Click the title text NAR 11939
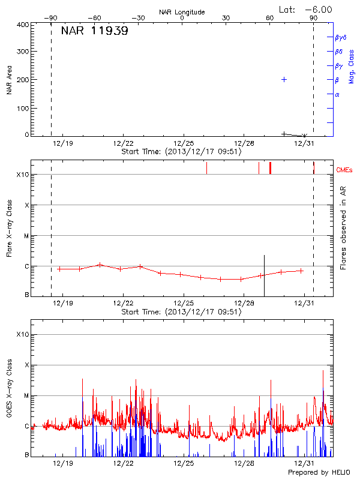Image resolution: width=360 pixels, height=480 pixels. (x=94, y=31)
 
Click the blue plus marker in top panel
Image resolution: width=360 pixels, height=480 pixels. (x=284, y=79)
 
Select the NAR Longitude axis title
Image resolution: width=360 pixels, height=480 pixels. (x=182, y=12)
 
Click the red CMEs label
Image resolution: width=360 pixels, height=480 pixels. (x=344, y=170)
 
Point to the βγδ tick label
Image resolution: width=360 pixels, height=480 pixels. (x=340, y=37)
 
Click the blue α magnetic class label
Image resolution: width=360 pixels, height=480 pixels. (x=337, y=94)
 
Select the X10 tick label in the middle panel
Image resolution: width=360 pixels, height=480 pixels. (x=23, y=175)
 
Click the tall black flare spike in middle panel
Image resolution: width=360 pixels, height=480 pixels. (x=264, y=273)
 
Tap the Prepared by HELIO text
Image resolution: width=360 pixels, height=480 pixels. (x=318, y=473)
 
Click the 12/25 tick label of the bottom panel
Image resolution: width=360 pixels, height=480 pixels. (x=184, y=464)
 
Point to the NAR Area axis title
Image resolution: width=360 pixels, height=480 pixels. (x=9, y=80)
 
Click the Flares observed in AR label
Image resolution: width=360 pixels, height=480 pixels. (x=343, y=229)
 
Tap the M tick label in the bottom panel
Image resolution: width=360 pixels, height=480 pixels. (x=26, y=395)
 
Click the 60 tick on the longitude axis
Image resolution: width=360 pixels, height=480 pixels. (x=270, y=18)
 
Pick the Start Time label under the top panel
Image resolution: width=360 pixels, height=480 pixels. (x=181, y=152)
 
